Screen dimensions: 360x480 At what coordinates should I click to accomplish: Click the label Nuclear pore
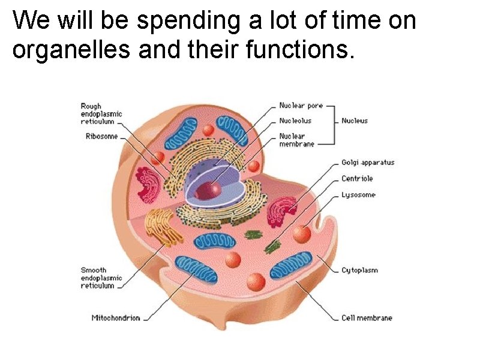tap(301, 106)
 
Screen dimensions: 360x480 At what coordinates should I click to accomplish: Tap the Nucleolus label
tap(295, 121)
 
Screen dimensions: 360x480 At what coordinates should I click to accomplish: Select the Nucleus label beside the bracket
tap(355, 121)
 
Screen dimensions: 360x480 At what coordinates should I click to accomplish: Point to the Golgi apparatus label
tap(368, 163)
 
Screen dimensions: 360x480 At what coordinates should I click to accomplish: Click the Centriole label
tap(357, 178)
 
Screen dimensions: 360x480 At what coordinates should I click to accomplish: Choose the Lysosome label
tap(358, 194)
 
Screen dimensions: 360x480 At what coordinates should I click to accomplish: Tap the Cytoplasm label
tap(359, 271)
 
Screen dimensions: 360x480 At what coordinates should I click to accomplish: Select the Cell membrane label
tap(367, 318)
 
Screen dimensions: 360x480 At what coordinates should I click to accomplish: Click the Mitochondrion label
tap(116, 318)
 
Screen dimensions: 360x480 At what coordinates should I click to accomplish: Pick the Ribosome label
tap(102, 136)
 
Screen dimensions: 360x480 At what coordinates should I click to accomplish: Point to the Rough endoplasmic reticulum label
tap(101, 113)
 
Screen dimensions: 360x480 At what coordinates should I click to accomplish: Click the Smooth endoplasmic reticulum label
tap(101, 278)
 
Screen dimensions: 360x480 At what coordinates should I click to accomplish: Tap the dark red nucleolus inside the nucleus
tap(207, 190)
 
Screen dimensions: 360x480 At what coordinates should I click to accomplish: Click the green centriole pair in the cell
tap(273, 245)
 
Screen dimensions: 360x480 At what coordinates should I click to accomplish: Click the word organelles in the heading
tap(72, 51)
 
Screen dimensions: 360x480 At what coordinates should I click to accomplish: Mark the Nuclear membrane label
tap(296, 140)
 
